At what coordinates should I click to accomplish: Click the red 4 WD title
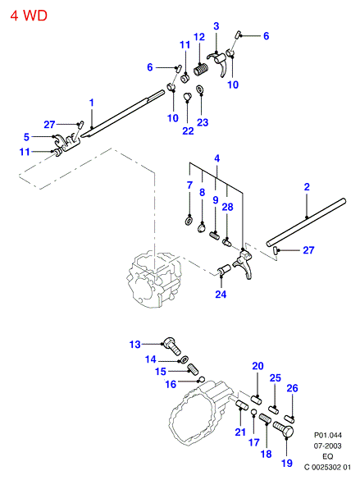click(x=29, y=16)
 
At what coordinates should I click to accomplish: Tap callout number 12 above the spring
click(x=199, y=37)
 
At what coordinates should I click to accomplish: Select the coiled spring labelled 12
click(x=201, y=69)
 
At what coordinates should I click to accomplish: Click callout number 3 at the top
click(x=216, y=26)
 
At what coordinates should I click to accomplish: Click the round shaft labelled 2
click(x=306, y=222)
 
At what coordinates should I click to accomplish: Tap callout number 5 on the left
click(x=26, y=137)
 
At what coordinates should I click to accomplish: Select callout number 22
click(x=188, y=130)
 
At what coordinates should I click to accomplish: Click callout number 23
click(x=203, y=122)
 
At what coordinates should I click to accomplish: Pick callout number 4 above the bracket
click(x=216, y=158)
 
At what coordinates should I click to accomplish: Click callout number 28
click(x=227, y=207)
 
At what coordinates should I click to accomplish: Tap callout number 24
click(x=221, y=295)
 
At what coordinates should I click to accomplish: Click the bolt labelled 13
click(x=172, y=346)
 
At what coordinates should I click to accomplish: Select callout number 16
click(x=171, y=384)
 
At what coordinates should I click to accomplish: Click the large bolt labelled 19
click(x=283, y=429)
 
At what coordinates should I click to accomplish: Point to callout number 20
click(x=257, y=366)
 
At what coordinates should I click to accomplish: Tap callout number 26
click(x=292, y=388)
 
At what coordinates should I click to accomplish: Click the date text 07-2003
click(x=327, y=446)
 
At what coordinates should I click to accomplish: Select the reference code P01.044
click(x=328, y=435)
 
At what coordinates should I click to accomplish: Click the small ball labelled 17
click(x=253, y=412)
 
